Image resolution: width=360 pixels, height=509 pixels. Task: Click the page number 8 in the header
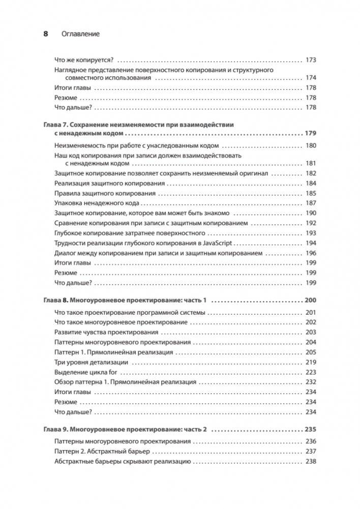45,34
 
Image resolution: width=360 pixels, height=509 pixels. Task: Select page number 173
311,59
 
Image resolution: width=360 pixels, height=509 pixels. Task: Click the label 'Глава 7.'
53,125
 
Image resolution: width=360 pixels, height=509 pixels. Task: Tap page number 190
311,214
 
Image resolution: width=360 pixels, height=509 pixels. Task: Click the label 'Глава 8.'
53,300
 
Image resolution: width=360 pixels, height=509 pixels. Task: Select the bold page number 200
310,300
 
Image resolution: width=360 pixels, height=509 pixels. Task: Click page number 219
311,363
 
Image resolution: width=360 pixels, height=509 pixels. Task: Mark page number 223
311,372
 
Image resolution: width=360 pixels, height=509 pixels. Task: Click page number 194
311,243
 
